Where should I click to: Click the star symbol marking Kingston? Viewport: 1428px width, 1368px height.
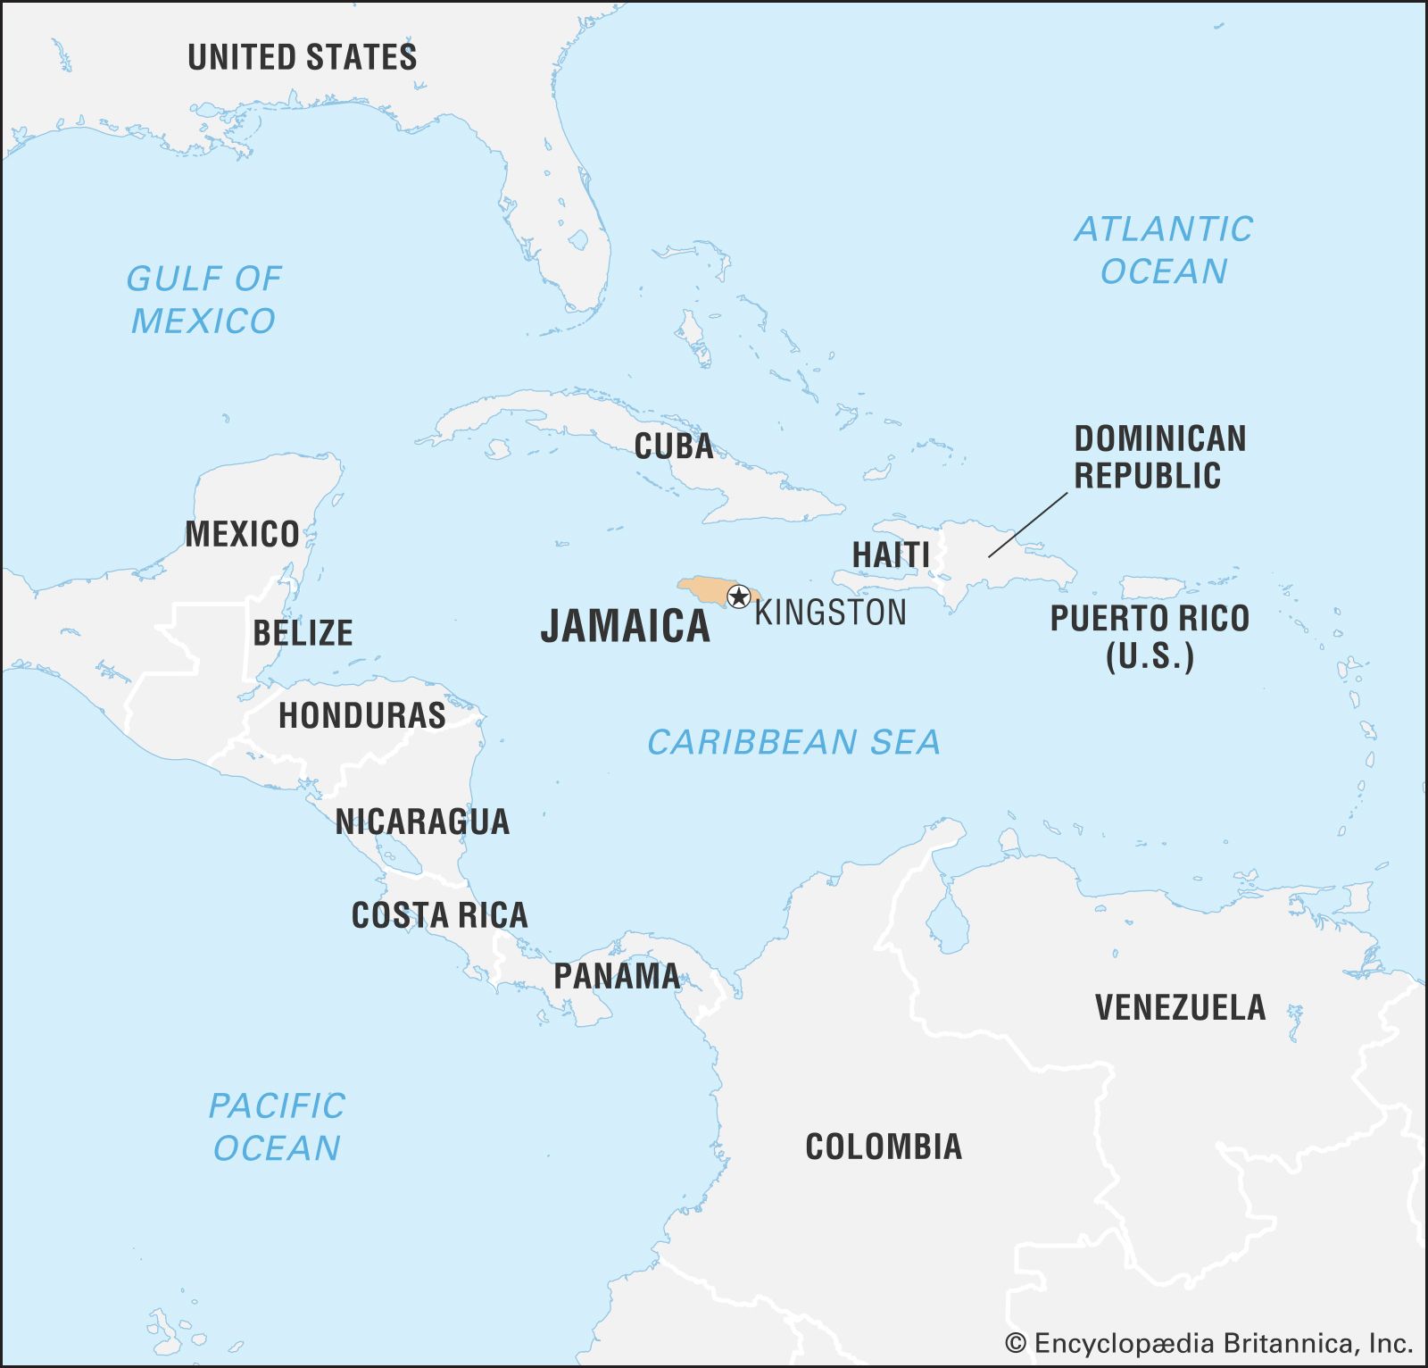[739, 596]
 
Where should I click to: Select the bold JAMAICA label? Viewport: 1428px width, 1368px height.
[625, 625]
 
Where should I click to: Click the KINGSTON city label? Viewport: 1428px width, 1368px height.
[830, 613]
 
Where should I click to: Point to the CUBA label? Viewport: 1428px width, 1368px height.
[674, 446]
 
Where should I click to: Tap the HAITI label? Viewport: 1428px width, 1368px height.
[890, 555]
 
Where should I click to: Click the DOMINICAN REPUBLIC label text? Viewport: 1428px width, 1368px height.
[1147, 456]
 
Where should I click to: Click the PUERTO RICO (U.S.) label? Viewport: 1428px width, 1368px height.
[1149, 636]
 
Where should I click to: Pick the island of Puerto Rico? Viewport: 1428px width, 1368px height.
[1152, 588]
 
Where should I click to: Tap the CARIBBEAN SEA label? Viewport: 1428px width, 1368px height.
[793, 742]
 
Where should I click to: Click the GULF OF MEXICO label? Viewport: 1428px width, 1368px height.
[203, 299]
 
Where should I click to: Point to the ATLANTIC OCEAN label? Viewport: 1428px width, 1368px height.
[1163, 250]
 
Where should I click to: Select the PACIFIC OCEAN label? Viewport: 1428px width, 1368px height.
[277, 1126]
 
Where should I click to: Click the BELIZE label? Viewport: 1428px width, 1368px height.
[303, 633]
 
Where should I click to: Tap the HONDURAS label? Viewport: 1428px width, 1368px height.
[361, 715]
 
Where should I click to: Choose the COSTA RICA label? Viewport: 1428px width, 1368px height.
[439, 915]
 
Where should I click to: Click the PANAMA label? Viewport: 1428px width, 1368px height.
[616, 976]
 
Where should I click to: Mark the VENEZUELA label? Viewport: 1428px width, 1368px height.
[1180, 1007]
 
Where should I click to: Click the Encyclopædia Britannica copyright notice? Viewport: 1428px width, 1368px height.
[1208, 1343]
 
